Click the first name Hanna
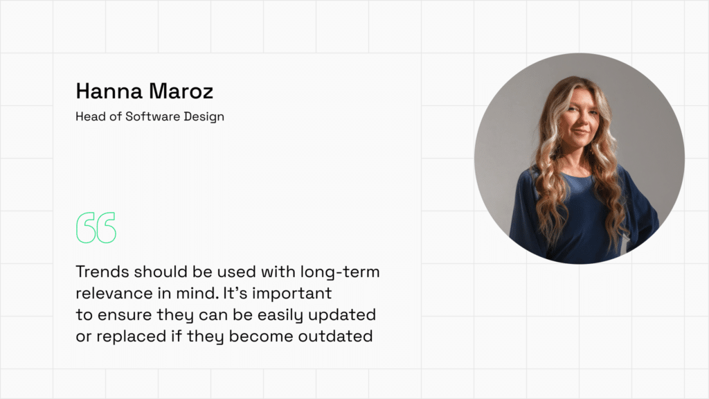(x=109, y=91)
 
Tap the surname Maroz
(x=181, y=91)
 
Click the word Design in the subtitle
(x=204, y=116)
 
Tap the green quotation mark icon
(x=96, y=227)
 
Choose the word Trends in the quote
(x=102, y=272)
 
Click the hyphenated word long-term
(x=340, y=272)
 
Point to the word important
(x=291, y=294)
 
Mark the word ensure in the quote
(x=125, y=315)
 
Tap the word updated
(x=342, y=315)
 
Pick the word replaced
(x=131, y=336)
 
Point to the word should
(x=161, y=272)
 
